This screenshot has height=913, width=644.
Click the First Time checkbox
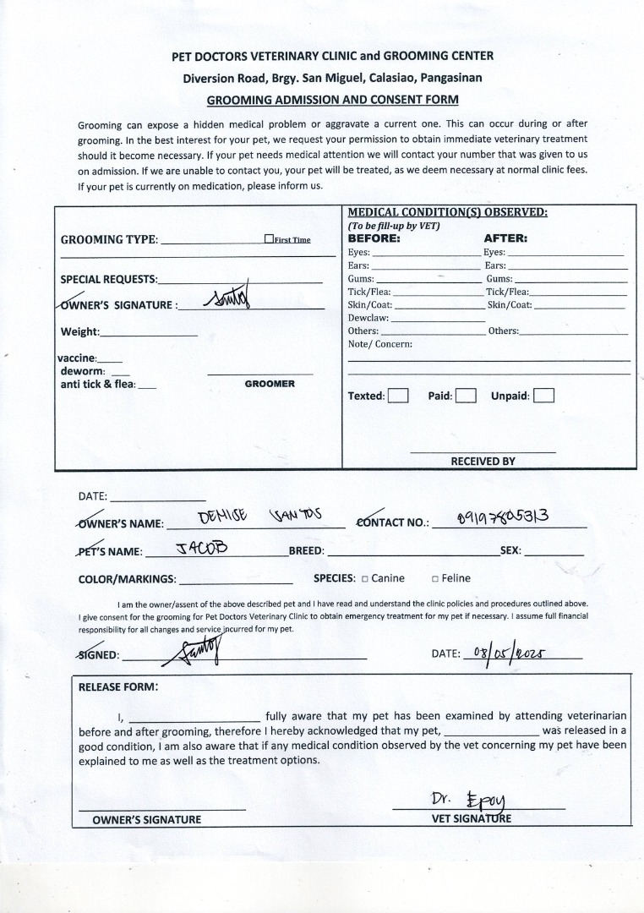pos(269,239)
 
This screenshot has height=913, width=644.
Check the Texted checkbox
pos(398,395)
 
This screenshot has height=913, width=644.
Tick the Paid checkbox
pos(467,395)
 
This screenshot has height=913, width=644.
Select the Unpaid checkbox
pos(544,395)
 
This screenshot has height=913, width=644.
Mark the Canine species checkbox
pos(364,579)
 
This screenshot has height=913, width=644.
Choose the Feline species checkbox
pos(434,579)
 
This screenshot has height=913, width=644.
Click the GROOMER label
pos(270,384)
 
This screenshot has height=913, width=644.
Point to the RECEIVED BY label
pos(483,462)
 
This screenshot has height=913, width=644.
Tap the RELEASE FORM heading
pos(117,686)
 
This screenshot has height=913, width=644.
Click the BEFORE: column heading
pos(374,238)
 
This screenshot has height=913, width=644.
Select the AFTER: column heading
pos(505,238)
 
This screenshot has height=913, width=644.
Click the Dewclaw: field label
pos(368,318)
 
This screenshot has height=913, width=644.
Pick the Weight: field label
pos(80,331)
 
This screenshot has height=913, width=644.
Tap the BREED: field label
pos(307,551)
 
